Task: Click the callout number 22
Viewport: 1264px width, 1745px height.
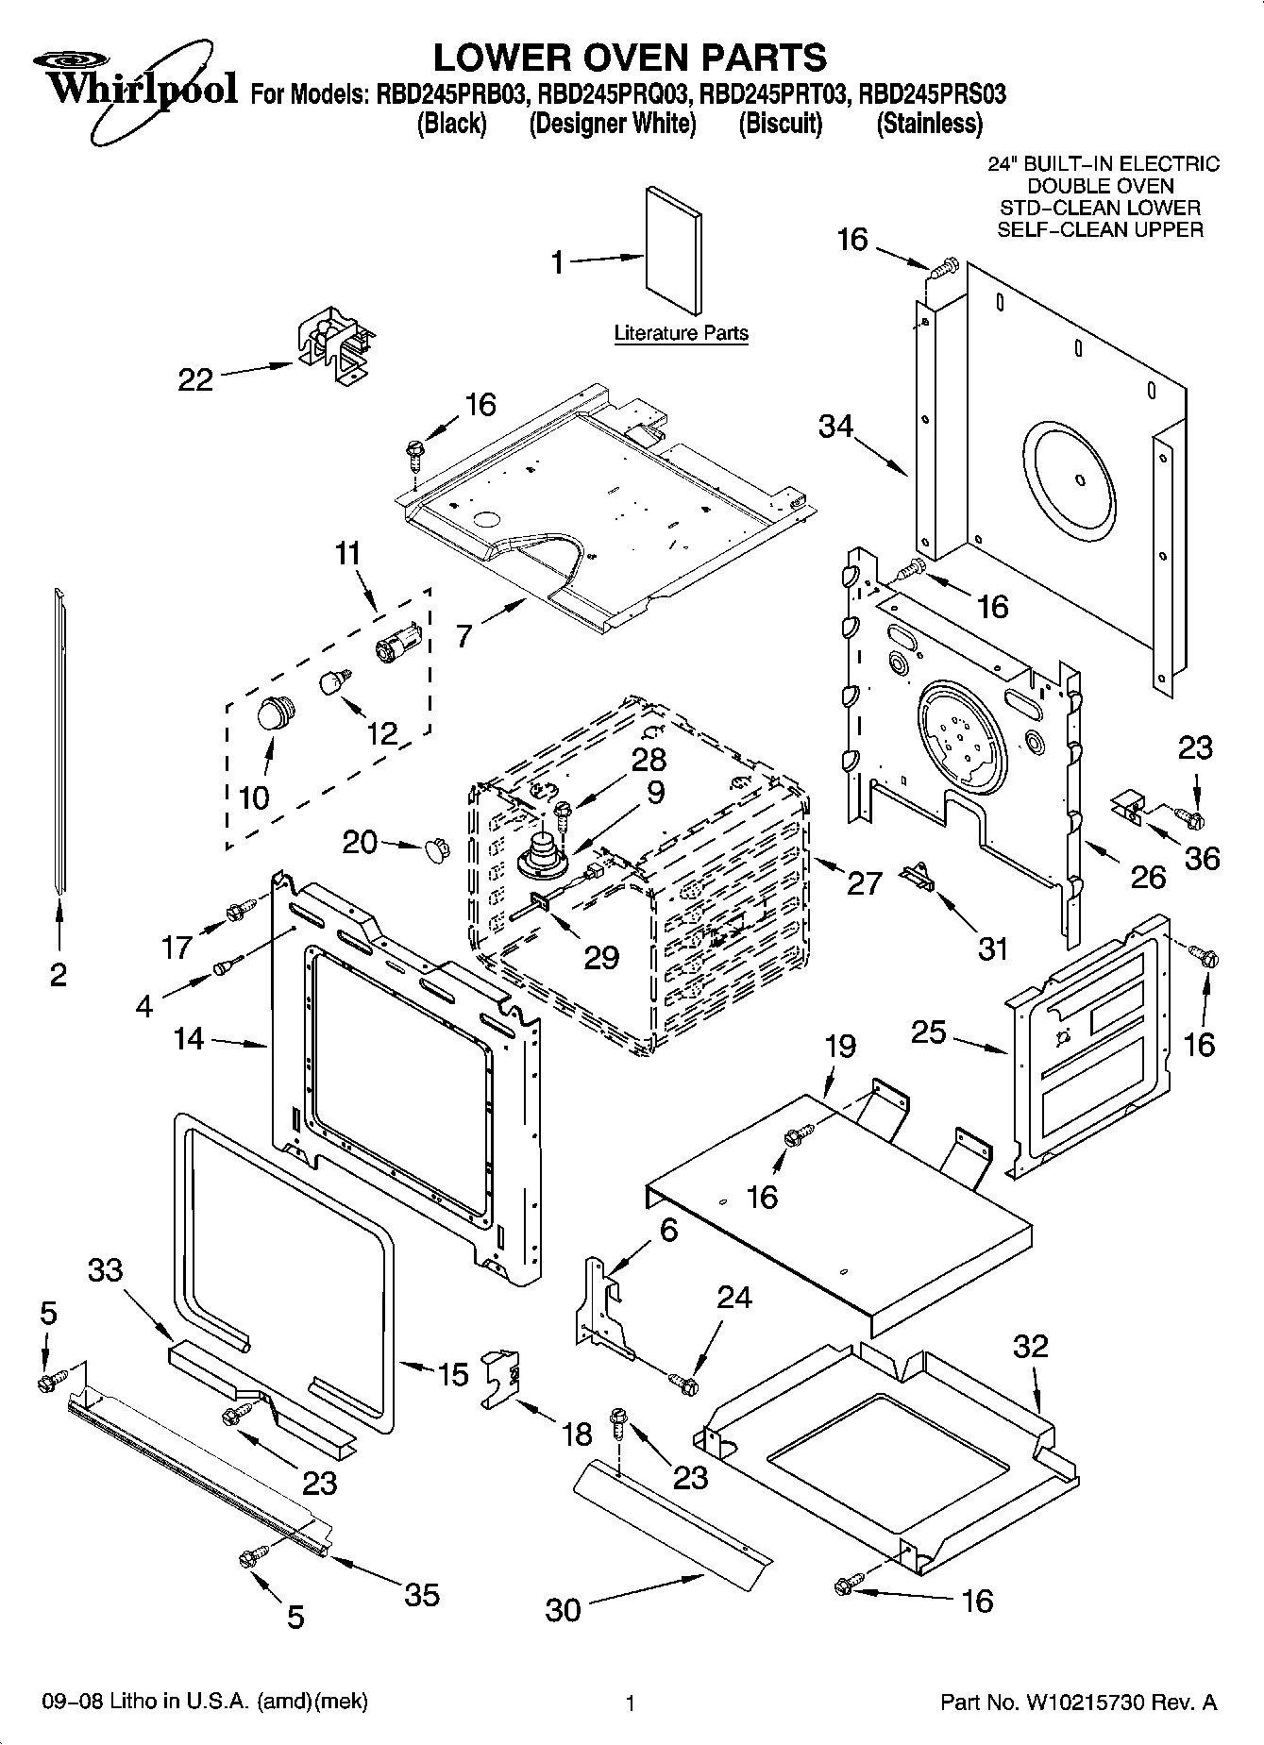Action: [195, 379]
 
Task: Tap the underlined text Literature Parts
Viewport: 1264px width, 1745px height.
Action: [681, 333]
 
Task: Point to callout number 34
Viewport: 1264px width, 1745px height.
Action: [835, 427]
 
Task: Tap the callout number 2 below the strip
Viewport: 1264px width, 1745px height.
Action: [59, 974]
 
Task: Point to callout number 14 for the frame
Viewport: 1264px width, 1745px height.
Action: [189, 1038]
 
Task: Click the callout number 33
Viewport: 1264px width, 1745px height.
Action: [106, 1269]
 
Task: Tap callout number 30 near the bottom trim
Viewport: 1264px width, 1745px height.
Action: [564, 1608]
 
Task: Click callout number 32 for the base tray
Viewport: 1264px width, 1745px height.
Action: [1030, 1346]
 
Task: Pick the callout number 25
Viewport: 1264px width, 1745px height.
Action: [928, 1032]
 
